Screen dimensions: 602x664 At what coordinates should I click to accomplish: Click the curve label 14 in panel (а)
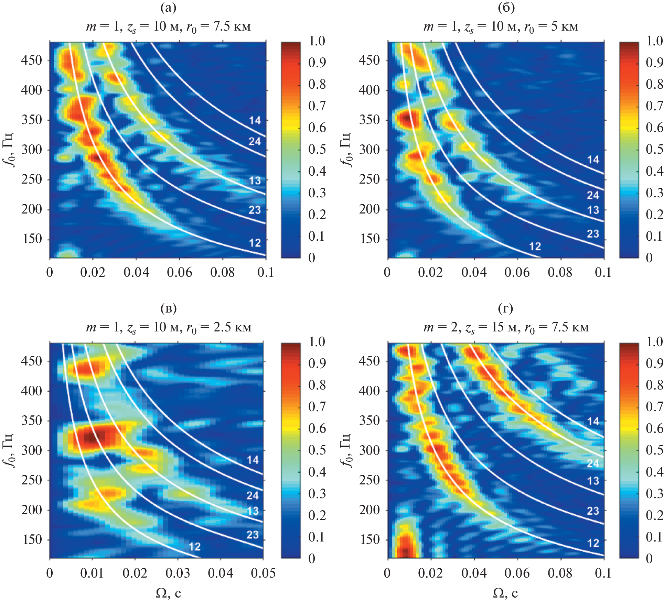click(x=255, y=120)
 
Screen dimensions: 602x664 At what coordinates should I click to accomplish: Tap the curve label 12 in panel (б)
click(x=535, y=246)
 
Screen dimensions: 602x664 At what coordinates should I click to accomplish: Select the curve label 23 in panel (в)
click(x=253, y=535)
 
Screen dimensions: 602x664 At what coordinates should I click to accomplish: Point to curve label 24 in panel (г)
click(x=593, y=463)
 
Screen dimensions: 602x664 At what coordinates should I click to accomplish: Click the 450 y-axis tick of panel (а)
click(x=32, y=61)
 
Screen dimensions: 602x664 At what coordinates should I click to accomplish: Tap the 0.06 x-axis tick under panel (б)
click(x=517, y=273)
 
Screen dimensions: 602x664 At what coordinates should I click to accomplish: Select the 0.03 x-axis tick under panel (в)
click(x=178, y=573)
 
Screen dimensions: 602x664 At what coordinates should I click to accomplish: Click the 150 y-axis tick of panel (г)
click(x=370, y=539)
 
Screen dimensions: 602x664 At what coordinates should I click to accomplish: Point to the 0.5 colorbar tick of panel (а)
click(x=317, y=149)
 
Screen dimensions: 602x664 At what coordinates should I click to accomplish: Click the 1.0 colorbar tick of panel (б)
click(x=654, y=41)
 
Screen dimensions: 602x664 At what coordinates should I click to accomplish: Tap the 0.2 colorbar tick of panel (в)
click(x=317, y=515)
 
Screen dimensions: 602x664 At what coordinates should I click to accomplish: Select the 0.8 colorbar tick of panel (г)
click(x=654, y=385)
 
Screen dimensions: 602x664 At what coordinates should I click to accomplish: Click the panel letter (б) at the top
click(x=506, y=8)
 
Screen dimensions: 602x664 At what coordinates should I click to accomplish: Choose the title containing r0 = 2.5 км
click(x=169, y=327)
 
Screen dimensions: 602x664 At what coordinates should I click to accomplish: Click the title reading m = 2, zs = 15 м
click(x=506, y=327)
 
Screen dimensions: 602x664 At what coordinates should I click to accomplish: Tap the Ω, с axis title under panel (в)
click(x=168, y=593)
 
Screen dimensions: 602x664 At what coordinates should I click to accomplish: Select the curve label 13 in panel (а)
click(x=255, y=180)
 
